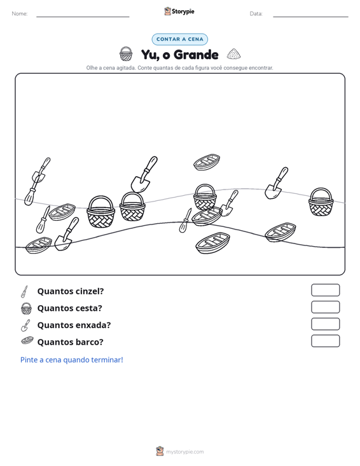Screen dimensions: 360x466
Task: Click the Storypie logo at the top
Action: (179, 11)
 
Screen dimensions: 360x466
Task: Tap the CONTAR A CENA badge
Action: (179, 39)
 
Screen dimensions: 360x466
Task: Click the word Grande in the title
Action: (196, 55)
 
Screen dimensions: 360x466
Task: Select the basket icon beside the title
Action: (126, 54)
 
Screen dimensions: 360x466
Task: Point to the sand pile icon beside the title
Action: (233, 54)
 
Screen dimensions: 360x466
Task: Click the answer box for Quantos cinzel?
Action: (325, 290)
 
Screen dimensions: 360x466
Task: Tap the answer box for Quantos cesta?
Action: (325, 307)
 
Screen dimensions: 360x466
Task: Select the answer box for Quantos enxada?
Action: (325, 324)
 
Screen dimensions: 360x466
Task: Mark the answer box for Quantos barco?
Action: (325, 341)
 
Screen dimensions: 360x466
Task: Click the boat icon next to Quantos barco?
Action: (27, 341)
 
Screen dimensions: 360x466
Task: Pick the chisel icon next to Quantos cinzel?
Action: (24, 292)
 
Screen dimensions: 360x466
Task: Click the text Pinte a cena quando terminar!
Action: (72, 360)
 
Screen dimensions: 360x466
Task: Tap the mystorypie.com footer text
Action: (184, 452)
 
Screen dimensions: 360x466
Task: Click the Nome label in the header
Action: (20, 14)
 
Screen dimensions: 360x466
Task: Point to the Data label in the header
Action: (256, 14)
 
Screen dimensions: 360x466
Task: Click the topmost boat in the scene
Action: (207, 162)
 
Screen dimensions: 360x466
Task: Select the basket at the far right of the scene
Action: (321, 202)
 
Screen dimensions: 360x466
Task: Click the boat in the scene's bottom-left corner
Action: (39, 245)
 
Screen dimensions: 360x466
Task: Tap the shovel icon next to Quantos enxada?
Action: (25, 325)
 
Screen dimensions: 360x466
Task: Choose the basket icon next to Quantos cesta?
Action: (26, 308)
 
